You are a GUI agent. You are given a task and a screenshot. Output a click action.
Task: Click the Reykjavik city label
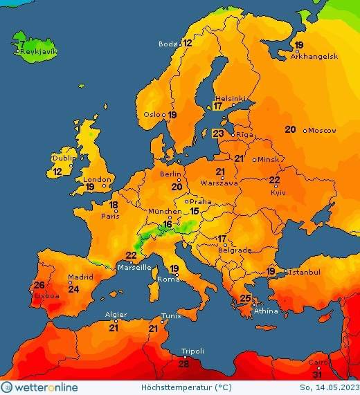39,52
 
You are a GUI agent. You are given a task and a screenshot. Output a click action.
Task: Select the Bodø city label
168,44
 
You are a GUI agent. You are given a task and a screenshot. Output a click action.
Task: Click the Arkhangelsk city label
314,57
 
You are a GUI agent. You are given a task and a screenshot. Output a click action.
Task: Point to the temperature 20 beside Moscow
290,129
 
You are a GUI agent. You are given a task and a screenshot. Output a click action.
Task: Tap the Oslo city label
153,115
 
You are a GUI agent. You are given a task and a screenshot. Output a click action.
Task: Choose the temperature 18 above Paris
114,205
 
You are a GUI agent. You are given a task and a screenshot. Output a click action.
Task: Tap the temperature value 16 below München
168,223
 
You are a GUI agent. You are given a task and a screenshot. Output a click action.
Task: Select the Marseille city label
134,267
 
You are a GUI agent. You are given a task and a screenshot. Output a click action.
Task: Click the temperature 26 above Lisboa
39,285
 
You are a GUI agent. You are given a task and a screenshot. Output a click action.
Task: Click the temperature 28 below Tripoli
183,364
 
